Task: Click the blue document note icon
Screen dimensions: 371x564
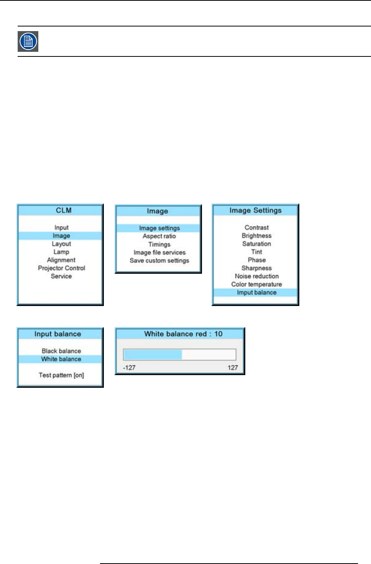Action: (x=28, y=41)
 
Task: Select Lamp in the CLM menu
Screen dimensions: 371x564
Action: (x=61, y=252)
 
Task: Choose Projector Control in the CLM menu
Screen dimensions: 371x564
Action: (x=61, y=268)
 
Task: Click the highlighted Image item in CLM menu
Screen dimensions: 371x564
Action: (x=61, y=236)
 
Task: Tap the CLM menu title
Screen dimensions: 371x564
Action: (x=64, y=210)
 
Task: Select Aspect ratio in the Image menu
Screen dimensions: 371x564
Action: (x=159, y=236)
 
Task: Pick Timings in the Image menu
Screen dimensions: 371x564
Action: (x=159, y=244)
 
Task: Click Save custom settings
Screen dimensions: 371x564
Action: (x=159, y=260)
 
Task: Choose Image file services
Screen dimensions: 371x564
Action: (x=159, y=252)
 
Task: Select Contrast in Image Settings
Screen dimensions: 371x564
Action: (x=256, y=228)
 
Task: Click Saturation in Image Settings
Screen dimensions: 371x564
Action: (x=256, y=244)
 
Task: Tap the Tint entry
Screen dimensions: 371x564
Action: (x=256, y=252)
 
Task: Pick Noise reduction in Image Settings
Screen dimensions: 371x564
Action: (x=256, y=276)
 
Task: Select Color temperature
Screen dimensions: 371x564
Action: (x=256, y=284)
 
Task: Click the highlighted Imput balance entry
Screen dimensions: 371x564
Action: (x=256, y=293)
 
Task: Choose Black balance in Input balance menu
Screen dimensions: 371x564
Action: (x=61, y=351)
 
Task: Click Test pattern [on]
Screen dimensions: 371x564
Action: (x=61, y=375)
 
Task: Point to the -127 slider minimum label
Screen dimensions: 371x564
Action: (x=129, y=368)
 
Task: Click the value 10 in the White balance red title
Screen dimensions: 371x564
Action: (x=218, y=334)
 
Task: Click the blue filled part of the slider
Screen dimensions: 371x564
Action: (x=153, y=354)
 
